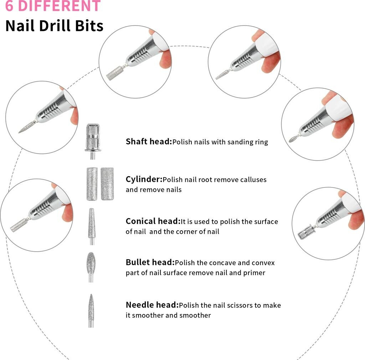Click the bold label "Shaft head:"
tap(149, 142)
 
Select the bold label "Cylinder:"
tap(144, 179)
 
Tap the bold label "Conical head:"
tap(153, 221)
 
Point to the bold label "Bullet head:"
tap(150, 263)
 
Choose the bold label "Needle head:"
tap(152, 305)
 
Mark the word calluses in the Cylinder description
tap(254, 180)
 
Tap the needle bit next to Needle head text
tap(91, 308)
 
